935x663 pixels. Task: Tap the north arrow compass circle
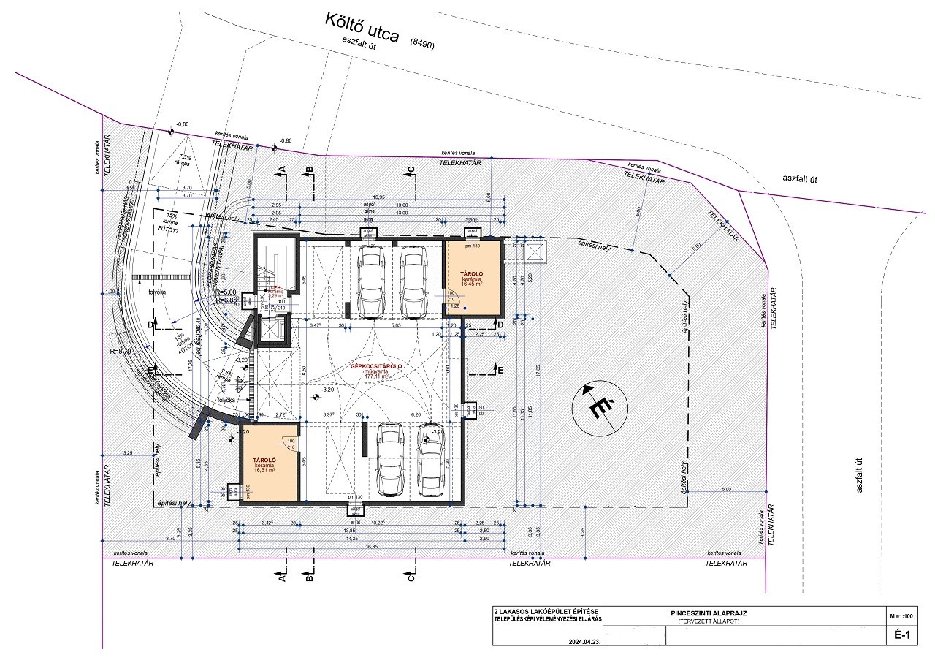pos(600,408)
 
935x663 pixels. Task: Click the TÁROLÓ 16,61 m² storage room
pos(269,462)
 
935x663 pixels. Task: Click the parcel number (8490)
pos(422,44)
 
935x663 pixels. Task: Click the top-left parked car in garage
pos(370,281)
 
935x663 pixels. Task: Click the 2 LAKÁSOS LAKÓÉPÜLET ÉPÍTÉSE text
pos(547,610)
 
